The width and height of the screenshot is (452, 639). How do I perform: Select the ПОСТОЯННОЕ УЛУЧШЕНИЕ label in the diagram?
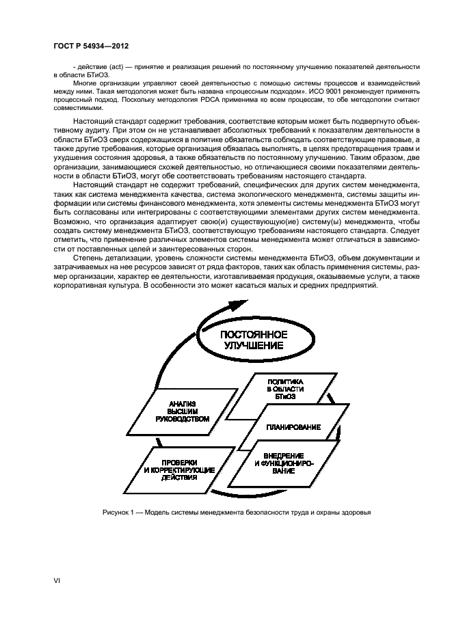252,340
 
